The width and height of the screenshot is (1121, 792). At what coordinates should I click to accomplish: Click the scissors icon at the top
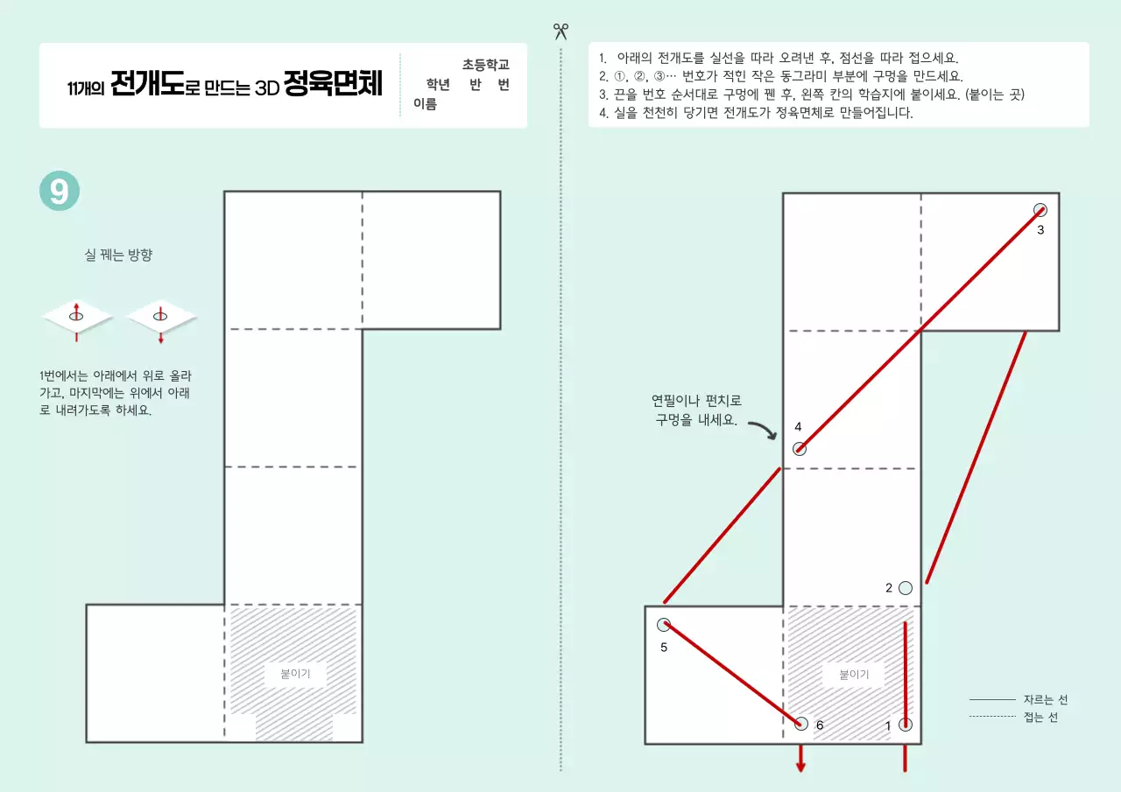pyautogui.click(x=560, y=32)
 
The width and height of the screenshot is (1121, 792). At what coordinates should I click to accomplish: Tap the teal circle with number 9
pyautogui.click(x=60, y=191)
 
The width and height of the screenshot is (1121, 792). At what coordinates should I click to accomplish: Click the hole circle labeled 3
pyautogui.click(x=1040, y=210)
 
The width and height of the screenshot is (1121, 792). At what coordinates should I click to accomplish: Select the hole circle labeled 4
pyautogui.click(x=799, y=449)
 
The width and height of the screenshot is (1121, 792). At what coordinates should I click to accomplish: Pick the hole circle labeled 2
pyautogui.click(x=906, y=588)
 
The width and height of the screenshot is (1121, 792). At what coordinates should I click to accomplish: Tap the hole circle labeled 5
pyautogui.click(x=664, y=625)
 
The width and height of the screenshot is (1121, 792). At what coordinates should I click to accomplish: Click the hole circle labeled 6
pyautogui.click(x=800, y=724)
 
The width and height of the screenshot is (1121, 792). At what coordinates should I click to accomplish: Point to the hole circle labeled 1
pyautogui.click(x=906, y=725)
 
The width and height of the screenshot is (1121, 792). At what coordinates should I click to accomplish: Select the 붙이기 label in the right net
pyautogui.click(x=854, y=675)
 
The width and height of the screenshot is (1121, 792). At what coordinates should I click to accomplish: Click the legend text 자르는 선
pyautogui.click(x=1046, y=700)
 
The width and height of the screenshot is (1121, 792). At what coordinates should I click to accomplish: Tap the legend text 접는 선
pyautogui.click(x=1040, y=718)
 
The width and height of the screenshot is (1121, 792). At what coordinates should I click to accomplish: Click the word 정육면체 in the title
pyautogui.click(x=334, y=87)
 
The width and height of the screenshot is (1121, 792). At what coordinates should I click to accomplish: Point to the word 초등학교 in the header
pyautogui.click(x=486, y=65)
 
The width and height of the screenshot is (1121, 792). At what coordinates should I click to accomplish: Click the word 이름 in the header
pyautogui.click(x=426, y=104)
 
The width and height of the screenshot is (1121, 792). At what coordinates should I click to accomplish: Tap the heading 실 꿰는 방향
pyautogui.click(x=118, y=256)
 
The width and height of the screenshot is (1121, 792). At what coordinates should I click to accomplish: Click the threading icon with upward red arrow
pyautogui.click(x=77, y=317)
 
